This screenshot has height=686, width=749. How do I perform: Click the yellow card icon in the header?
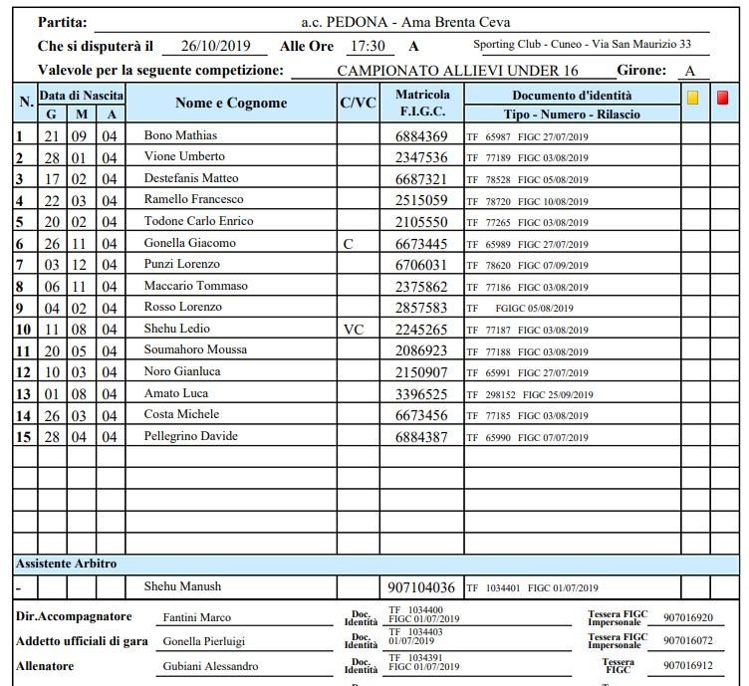click(x=693, y=98)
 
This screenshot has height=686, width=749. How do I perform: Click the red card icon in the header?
click(x=722, y=98)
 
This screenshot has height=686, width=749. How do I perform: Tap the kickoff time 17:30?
click(x=366, y=46)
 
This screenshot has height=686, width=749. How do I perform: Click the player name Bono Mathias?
click(x=180, y=135)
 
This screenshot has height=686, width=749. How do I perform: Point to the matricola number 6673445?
click(x=421, y=244)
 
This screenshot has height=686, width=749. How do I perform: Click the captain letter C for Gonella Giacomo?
click(x=347, y=244)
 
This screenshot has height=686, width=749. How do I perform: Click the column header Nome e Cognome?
click(x=231, y=103)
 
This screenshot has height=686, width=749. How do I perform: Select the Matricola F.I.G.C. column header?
click(x=421, y=103)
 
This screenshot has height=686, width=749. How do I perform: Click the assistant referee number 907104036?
click(x=421, y=587)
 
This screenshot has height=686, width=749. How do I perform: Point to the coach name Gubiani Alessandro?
click(x=210, y=666)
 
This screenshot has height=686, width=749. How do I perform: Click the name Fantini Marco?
click(x=196, y=617)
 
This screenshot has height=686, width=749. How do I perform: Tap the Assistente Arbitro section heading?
click(x=66, y=564)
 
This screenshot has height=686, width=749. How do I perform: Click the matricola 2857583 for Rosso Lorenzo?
click(x=421, y=308)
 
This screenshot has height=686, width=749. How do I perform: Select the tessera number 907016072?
click(x=688, y=641)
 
